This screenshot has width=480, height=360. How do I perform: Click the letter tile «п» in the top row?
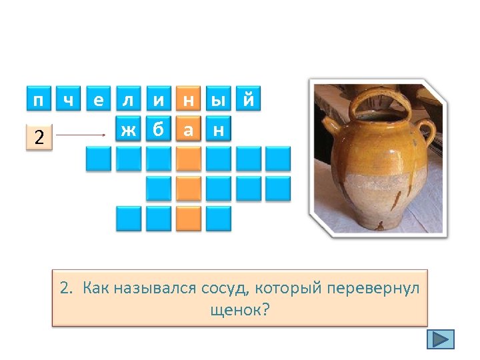click(x=39, y=99)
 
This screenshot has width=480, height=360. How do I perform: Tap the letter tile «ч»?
click(x=68, y=99)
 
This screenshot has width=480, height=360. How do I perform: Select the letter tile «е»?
click(x=99, y=99)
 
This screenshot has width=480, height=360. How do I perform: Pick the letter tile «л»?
click(x=128, y=99)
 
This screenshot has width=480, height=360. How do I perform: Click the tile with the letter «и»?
click(x=158, y=99)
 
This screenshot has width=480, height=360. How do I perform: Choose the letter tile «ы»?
click(x=218, y=99)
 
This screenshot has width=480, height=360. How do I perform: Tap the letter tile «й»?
click(x=248, y=99)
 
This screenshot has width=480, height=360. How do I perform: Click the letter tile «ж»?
click(x=128, y=129)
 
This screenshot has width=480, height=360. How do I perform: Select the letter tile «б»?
click(x=158, y=129)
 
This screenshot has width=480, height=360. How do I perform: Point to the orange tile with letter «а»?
click(x=189, y=129)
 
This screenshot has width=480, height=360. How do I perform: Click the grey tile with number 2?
click(x=39, y=137)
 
